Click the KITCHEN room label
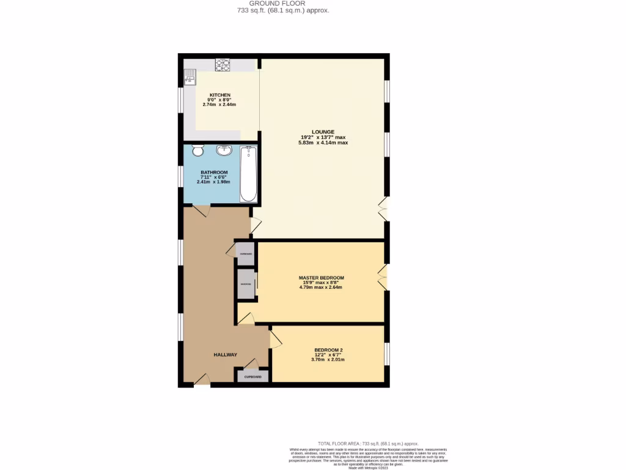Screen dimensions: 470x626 pyautogui.click(x=219, y=95)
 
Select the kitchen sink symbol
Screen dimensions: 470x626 pyautogui.click(x=190, y=76)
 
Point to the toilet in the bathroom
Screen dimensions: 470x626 pyautogui.click(x=197, y=151)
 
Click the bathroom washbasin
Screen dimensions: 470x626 pyautogui.click(x=225, y=150)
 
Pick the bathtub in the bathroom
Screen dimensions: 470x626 pyautogui.click(x=248, y=174)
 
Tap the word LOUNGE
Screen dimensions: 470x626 pyautogui.click(x=323, y=132)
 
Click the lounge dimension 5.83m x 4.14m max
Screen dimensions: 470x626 pyautogui.click(x=323, y=143)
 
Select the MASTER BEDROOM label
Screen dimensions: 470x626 pyautogui.click(x=322, y=277)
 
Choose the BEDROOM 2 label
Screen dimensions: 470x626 pyautogui.click(x=328, y=350)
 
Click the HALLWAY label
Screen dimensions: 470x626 pyautogui.click(x=225, y=355)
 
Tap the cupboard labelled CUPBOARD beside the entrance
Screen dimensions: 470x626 pyautogui.click(x=253, y=376)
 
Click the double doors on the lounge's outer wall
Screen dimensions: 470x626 pyautogui.click(x=383, y=209)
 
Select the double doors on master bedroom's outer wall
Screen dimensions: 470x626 pyautogui.click(x=383, y=277)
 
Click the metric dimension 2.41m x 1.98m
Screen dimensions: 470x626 pyautogui.click(x=213, y=182)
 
